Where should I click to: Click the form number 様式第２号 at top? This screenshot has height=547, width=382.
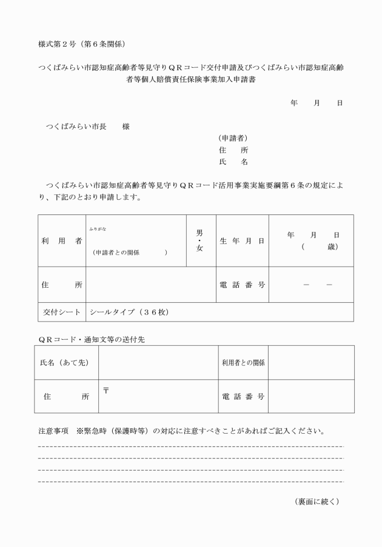[57, 44]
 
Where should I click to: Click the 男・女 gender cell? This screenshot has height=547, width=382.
[200, 240]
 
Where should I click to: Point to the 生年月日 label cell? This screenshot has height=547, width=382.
[242, 241]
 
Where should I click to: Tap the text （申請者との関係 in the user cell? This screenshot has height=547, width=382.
[118, 253]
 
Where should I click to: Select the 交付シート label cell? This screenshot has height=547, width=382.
[62, 312]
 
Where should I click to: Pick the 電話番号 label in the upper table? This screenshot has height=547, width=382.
[242, 285]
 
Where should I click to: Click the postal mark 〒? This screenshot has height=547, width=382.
[106, 390]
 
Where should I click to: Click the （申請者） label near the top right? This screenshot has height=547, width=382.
[233, 138]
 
